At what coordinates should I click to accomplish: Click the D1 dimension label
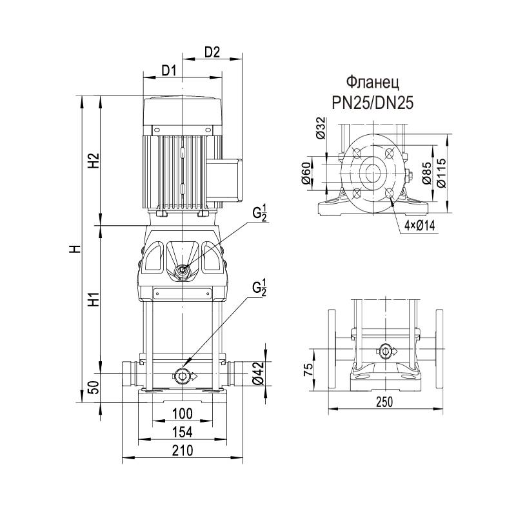coord(169,70)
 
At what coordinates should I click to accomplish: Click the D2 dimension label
coord(213,52)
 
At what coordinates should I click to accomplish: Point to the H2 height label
coord(93,161)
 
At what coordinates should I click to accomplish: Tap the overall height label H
coord(75,248)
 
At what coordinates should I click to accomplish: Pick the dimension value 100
coord(183,413)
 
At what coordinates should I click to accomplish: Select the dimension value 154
coord(183,432)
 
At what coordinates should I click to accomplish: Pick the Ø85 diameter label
coord(427,174)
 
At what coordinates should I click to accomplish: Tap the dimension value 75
coord(308,370)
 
